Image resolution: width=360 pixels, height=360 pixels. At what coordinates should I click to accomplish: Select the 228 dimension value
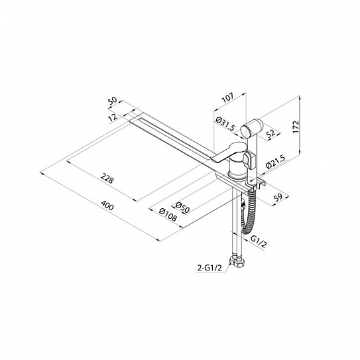[x=107, y=179]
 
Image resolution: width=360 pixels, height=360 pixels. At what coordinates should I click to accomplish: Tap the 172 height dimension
[x=296, y=127]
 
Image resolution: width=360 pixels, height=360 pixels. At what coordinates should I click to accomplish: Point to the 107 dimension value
[x=228, y=97]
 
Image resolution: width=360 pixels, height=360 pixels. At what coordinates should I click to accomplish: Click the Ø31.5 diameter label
[x=225, y=123]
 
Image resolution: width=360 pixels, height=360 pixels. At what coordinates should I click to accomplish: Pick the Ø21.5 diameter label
[x=275, y=161]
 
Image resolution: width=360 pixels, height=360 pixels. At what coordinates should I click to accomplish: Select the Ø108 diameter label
[x=168, y=214]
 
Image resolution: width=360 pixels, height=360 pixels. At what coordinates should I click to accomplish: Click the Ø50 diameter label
[x=182, y=208]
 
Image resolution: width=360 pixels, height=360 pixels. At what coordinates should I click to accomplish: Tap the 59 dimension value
[x=278, y=198]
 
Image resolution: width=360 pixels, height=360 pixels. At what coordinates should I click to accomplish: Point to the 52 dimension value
[x=271, y=134]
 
